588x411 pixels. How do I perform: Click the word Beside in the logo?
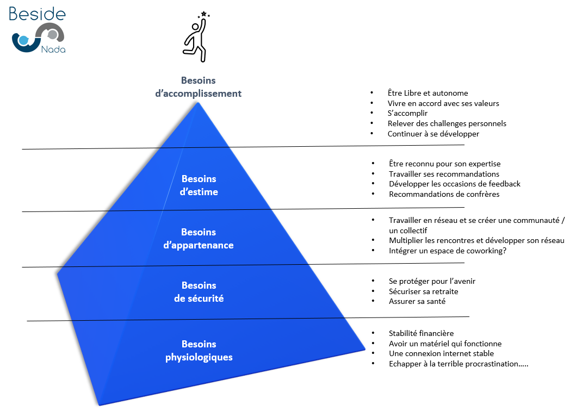pos(37,14)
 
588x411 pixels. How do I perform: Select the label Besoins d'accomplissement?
pos(199,87)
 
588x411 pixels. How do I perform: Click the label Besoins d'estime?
pos(199,185)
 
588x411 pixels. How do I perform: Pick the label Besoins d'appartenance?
pos(199,239)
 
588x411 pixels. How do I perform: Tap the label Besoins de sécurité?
pos(199,292)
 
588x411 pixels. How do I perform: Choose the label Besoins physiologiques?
pos(199,351)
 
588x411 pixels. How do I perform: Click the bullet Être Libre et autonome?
pos(428,94)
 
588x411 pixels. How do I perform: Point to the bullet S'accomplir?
pos(407,114)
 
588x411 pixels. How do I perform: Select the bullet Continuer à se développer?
pos(433,134)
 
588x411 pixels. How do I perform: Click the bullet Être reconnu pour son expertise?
pos(444,164)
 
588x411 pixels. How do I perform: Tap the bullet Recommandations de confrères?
pos(444,194)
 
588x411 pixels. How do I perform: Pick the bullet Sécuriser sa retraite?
pos(423,291)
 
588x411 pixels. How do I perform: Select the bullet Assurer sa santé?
pos(417,301)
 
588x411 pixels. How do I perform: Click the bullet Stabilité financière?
pos(421,333)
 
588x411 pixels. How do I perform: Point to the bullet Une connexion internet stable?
pos(441,353)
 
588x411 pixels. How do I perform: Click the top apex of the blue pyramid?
pos(199,103)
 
